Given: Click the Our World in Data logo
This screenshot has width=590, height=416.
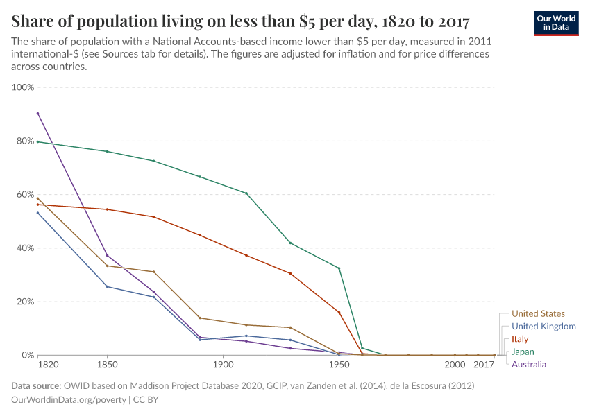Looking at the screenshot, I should [x=555, y=23].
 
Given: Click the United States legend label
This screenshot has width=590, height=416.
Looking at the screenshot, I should [x=537, y=314].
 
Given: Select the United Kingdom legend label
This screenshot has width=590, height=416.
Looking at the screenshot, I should [x=543, y=327].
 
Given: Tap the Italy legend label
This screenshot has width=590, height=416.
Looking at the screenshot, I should [x=519, y=339].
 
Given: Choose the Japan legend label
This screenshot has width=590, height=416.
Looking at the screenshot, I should [x=522, y=352].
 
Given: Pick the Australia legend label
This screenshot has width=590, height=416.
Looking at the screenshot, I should [x=528, y=364].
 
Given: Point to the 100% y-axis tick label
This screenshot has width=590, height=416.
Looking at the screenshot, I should [x=23, y=88].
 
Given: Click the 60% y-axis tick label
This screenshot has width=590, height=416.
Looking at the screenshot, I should [x=25, y=195].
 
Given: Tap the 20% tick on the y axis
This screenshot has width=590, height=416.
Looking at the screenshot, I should [x=25, y=302].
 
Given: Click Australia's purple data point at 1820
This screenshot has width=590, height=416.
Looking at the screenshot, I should [x=37, y=114].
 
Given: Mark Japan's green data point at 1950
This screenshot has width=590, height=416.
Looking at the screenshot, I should [x=339, y=268].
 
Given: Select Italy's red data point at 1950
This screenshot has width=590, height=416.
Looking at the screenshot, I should [x=339, y=312].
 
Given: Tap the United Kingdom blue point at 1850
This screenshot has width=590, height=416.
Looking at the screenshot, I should [x=107, y=286].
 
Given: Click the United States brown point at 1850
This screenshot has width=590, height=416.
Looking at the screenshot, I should [x=107, y=266].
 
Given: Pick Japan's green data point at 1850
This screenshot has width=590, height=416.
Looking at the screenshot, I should [x=107, y=151].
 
